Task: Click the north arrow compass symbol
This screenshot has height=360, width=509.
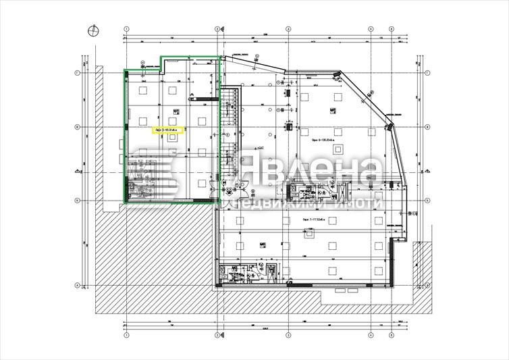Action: tap(92, 29)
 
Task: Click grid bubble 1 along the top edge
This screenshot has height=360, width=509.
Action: tap(126, 29)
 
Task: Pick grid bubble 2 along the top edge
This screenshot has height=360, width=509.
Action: tap(217, 29)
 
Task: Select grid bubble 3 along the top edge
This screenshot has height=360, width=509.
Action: tap(287, 29)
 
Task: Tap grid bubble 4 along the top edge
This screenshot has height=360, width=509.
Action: tap(371, 29)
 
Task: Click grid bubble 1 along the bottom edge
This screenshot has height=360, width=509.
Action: tap(126, 334)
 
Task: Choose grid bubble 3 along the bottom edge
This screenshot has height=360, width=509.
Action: tap(287, 334)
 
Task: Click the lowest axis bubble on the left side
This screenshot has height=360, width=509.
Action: tap(77, 285)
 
